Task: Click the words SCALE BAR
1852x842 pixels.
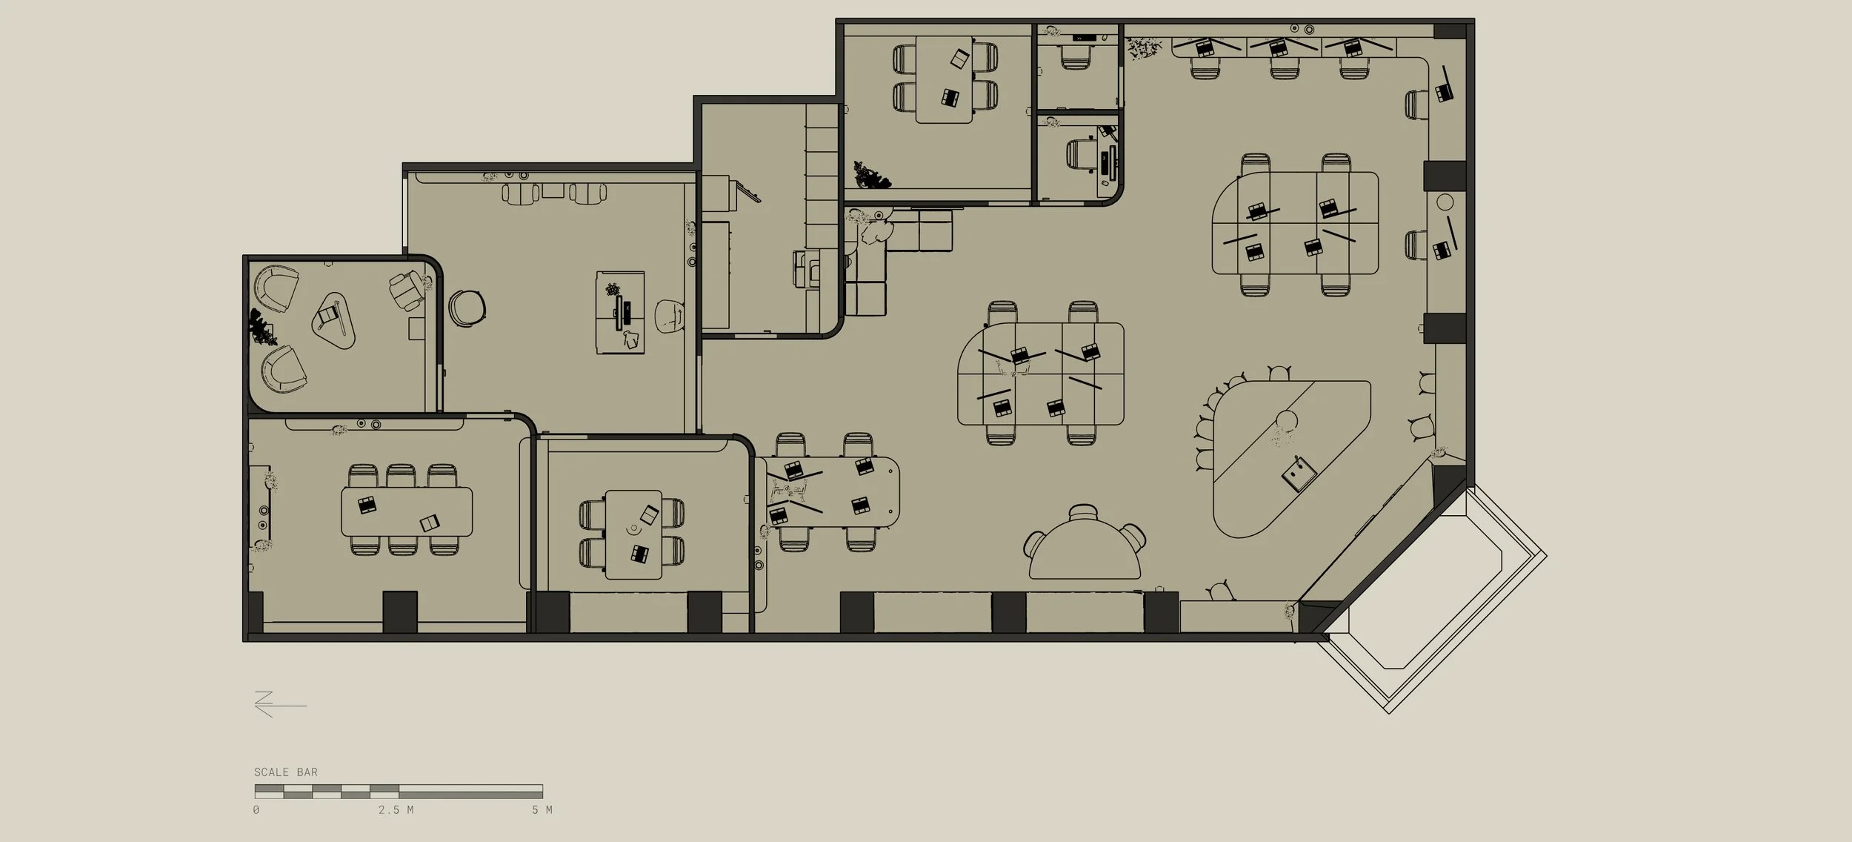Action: click(x=286, y=772)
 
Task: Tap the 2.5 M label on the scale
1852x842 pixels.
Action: click(x=396, y=810)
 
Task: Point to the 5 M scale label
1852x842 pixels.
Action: click(x=542, y=810)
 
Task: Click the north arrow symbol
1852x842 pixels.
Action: click(x=280, y=704)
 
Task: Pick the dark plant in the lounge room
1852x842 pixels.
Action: click(x=262, y=327)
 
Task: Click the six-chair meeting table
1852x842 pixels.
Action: click(x=407, y=511)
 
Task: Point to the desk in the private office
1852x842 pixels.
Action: click(x=621, y=313)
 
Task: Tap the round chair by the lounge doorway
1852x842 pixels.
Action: click(x=467, y=308)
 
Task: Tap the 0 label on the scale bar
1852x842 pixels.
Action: click(x=256, y=810)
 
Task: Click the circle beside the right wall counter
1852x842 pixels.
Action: click(x=1445, y=202)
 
